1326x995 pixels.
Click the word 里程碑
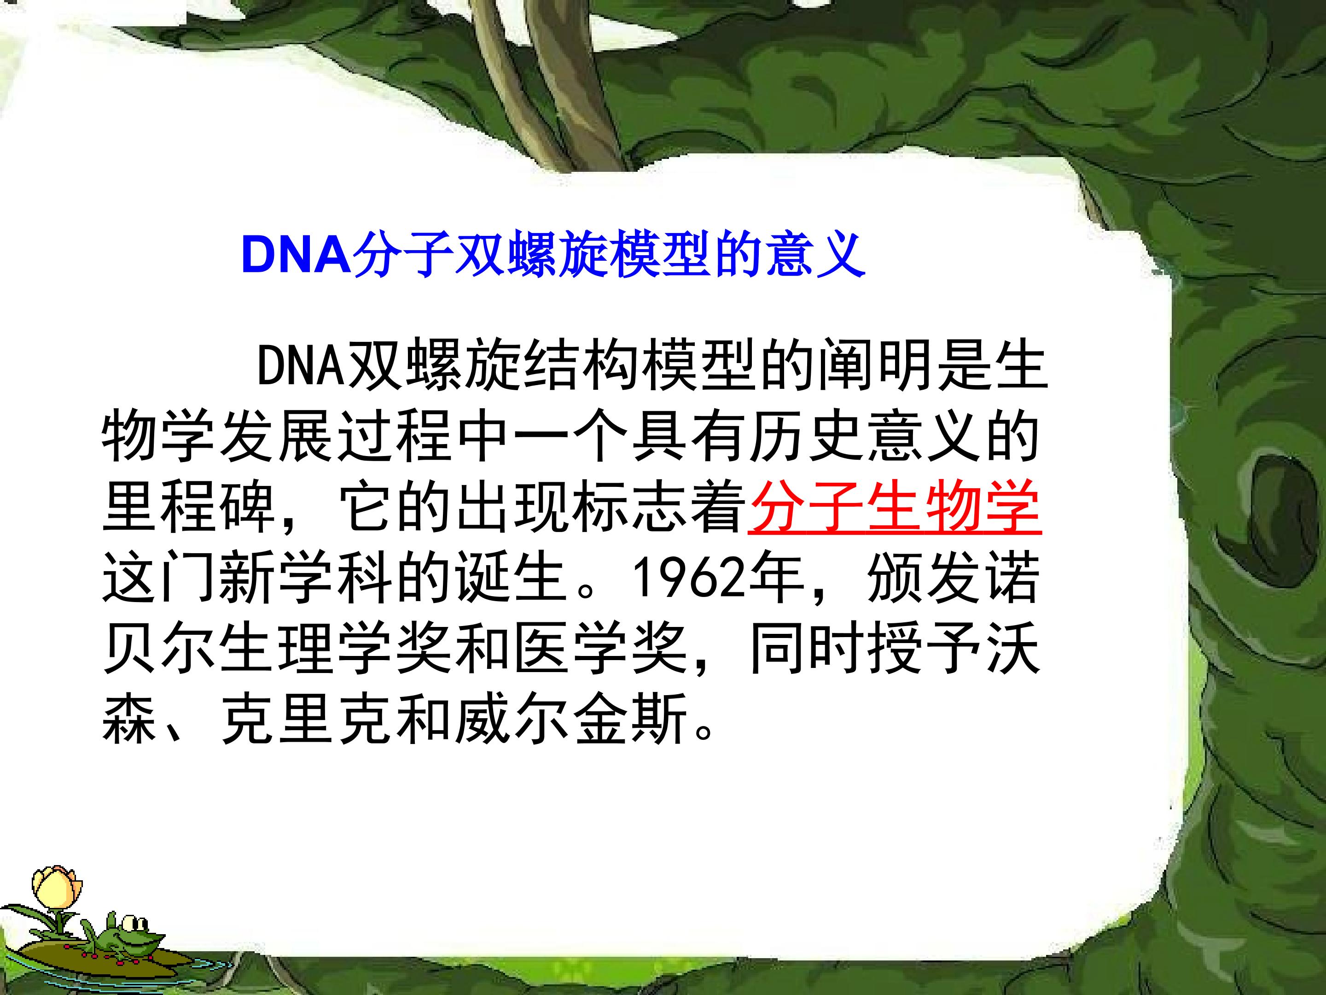tap(189, 507)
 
